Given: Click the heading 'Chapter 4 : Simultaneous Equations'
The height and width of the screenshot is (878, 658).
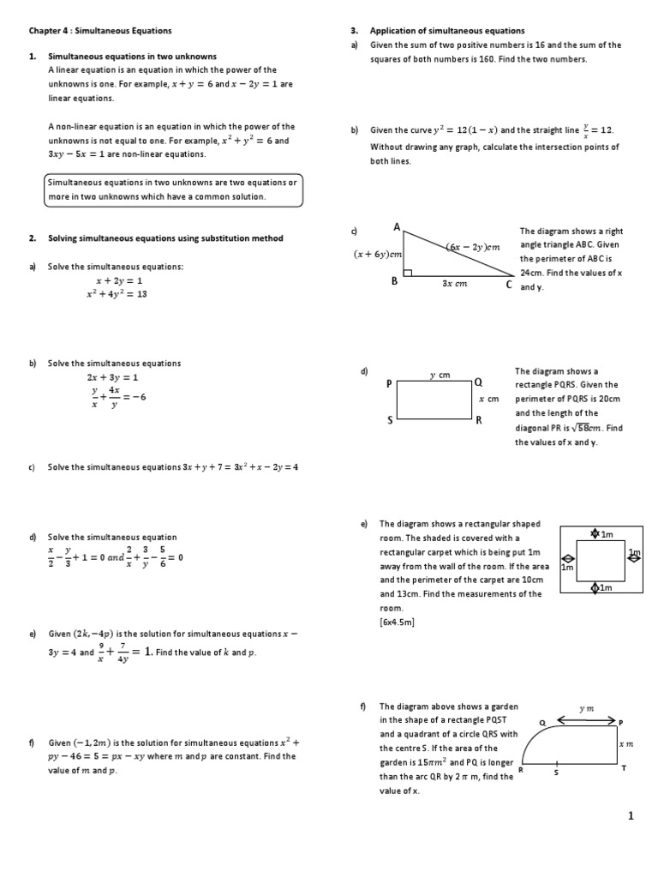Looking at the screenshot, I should pos(100,31).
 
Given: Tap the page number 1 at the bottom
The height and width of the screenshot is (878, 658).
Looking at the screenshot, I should pos(631,816).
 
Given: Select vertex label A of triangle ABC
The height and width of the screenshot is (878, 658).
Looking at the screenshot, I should pos(397,227).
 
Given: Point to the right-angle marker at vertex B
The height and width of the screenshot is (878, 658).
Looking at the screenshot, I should pos(409,273).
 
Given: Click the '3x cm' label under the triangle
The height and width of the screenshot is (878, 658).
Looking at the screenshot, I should pos(454,284).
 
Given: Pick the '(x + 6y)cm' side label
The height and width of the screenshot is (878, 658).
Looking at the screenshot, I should pos(378,254).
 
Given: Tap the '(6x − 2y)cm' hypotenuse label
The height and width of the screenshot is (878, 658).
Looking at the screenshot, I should pos(473,247).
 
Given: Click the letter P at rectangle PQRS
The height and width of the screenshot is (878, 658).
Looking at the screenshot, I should pos(389,384).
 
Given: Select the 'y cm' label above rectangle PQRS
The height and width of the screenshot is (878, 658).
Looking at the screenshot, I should pos(440,375).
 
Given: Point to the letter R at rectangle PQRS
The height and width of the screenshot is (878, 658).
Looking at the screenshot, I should pos(479,420).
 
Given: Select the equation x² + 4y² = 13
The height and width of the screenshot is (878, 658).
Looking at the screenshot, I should pos(117,294).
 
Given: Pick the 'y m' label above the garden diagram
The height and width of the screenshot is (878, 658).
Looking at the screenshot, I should pos(586,708).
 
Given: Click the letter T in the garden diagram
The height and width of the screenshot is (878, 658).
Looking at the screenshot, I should pos(624,768).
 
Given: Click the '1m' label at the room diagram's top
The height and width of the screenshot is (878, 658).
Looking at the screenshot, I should pos(607,534).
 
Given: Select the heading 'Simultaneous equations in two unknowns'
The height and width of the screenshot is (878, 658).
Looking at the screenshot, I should pos(132,57).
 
